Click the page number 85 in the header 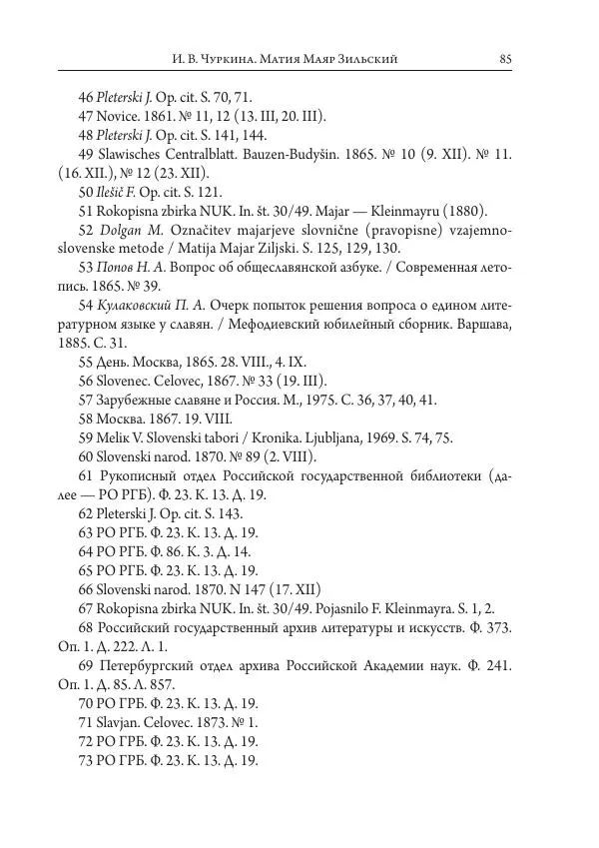click(x=505, y=59)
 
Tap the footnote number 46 click(x=85, y=98)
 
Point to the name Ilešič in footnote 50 click(x=119, y=192)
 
